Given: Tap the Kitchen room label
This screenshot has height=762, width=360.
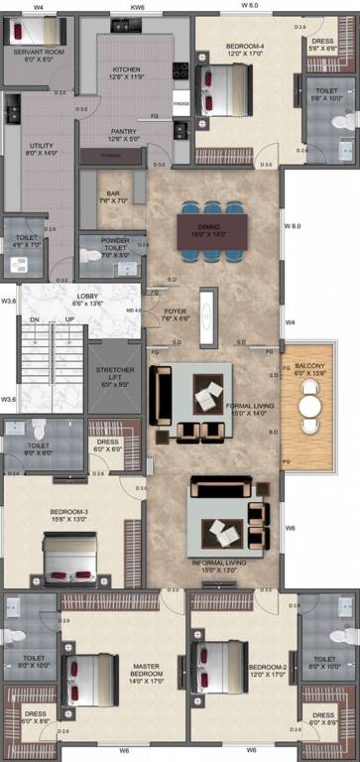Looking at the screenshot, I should pyautogui.click(x=126, y=70).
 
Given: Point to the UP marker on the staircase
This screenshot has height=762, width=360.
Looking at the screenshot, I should pyautogui.click(x=69, y=320).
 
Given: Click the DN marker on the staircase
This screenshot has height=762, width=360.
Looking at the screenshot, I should pyautogui.click(x=34, y=320).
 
